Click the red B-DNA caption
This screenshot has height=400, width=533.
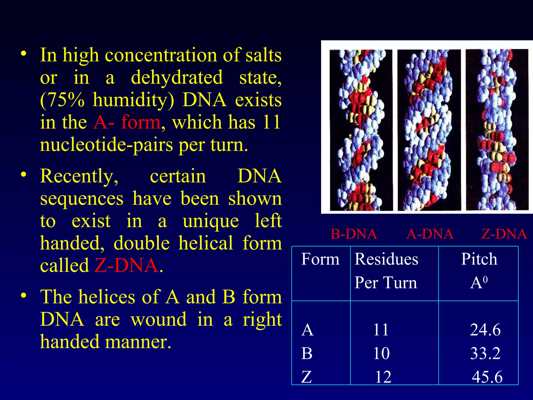point(353,234)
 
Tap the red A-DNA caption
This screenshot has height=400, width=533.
point(430,234)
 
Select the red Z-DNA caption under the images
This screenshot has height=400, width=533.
point(504,234)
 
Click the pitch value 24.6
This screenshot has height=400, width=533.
point(485,330)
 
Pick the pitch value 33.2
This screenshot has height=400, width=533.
point(485,354)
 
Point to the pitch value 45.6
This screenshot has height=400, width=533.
point(487,377)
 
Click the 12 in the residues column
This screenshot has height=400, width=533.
point(383,377)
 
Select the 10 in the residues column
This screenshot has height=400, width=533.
point(381,354)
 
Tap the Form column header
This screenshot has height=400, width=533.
point(320,259)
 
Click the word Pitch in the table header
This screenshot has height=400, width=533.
point(479,259)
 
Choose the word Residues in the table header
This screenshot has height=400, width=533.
point(386,259)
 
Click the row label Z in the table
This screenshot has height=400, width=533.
point(307,377)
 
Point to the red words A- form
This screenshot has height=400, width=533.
point(127,122)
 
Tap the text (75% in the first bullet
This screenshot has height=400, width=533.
point(62,100)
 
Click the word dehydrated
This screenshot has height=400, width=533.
point(177,78)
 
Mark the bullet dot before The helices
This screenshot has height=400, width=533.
point(24,296)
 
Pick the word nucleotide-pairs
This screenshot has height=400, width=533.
point(106,145)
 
